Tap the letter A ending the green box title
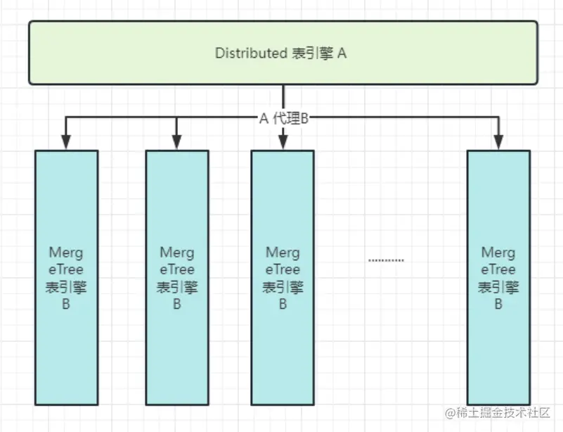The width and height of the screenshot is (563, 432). (x=342, y=53)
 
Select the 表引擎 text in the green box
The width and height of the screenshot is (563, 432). (x=312, y=53)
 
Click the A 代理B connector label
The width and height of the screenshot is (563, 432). (x=285, y=117)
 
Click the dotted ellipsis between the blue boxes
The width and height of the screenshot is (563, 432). (x=386, y=261)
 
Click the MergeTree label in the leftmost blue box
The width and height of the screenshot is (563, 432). (x=66, y=261)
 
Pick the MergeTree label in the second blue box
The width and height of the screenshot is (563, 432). (x=176, y=261)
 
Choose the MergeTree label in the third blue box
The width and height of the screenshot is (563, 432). (x=283, y=261)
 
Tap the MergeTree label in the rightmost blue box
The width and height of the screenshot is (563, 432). (x=498, y=261)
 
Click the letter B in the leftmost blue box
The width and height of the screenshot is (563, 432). (x=66, y=304)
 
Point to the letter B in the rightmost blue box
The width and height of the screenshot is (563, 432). (x=498, y=304)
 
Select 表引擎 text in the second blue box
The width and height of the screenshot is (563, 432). (x=176, y=287)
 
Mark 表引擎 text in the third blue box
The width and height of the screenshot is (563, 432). (x=283, y=287)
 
